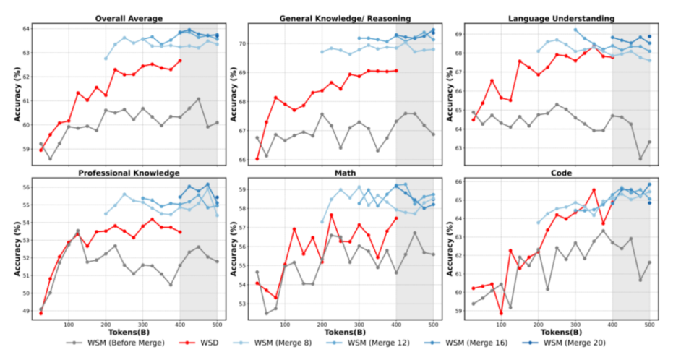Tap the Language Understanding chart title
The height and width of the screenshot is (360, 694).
pyautogui.click(x=560, y=19)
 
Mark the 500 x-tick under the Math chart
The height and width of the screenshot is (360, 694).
pyautogui.click(x=432, y=324)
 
